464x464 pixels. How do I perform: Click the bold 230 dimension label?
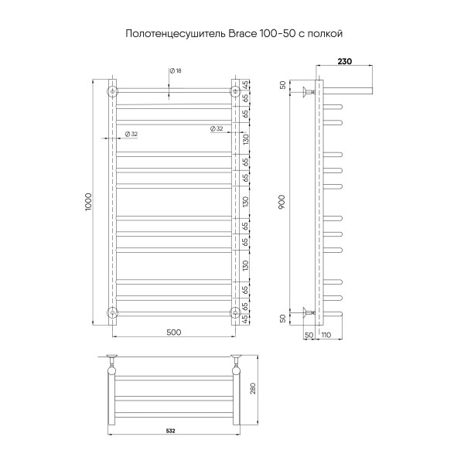[346, 61]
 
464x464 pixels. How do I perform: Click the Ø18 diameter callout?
[176, 71]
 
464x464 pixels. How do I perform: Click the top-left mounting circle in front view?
[113, 92]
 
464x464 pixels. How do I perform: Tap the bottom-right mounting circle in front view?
[233, 312]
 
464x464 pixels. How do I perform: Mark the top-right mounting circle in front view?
[233, 92]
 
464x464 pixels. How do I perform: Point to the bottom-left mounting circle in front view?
[113, 312]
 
